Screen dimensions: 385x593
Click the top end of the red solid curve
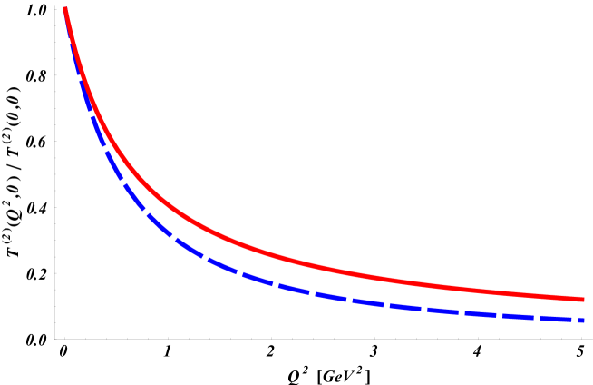(x=65, y=9)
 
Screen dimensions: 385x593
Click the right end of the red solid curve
(x=581, y=299)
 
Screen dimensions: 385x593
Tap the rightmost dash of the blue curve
(x=581, y=320)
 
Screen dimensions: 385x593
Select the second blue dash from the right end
(x=555, y=319)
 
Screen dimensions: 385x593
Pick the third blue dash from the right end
(x=518, y=316)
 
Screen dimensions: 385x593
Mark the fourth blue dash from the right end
(x=481, y=313)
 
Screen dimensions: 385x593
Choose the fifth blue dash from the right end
(x=442, y=311)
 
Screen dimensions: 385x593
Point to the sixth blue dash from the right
(x=405, y=307)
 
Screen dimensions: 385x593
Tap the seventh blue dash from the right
(x=368, y=303)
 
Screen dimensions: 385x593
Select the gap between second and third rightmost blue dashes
(x=537, y=318)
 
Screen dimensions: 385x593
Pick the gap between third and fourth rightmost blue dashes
(x=499, y=315)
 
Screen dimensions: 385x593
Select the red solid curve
(x=272, y=253)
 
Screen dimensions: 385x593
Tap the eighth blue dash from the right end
(x=330, y=299)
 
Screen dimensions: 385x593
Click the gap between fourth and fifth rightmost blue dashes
(x=461, y=312)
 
